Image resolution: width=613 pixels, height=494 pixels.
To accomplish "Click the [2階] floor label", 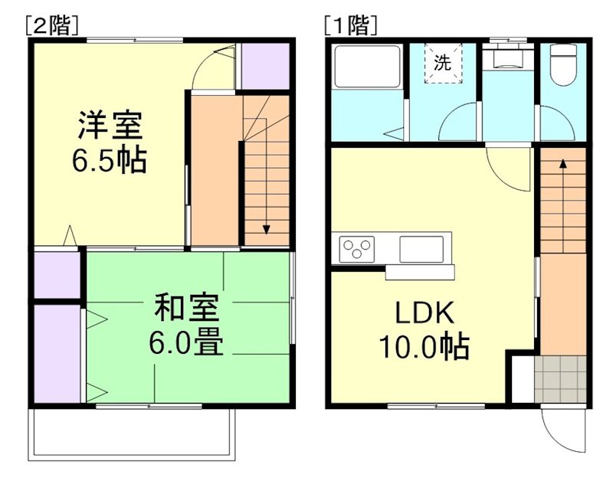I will (52, 25).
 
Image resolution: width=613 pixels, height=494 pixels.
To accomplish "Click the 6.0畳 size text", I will (186, 343).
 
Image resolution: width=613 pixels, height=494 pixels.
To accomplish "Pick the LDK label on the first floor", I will (425, 313).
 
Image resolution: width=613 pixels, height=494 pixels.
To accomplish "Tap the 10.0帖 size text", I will (424, 348).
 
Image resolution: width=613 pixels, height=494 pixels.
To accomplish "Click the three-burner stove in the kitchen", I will (358, 248).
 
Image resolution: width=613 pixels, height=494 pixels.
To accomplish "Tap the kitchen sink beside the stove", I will (421, 248).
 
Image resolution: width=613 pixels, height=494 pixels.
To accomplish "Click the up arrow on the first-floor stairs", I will (563, 162).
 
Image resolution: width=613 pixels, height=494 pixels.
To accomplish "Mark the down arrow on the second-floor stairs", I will (267, 227).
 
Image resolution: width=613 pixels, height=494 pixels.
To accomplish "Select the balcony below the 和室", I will (131, 433).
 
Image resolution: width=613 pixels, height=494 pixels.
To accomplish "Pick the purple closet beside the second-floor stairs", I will (264, 66).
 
